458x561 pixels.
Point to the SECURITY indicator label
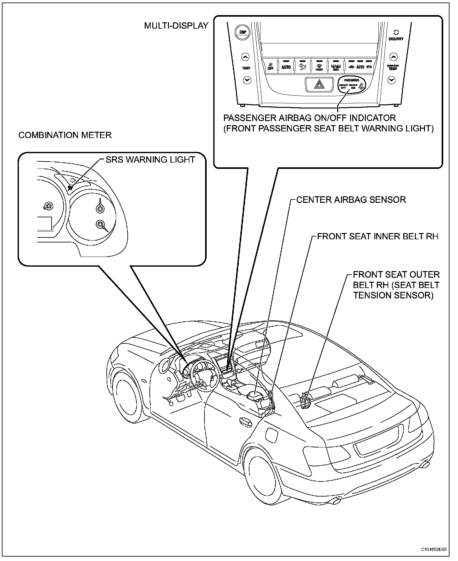(x=396, y=39)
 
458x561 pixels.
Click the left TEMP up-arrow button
(x=246, y=57)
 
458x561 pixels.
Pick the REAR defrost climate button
(x=336, y=67)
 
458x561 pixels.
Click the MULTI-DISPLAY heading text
(x=176, y=26)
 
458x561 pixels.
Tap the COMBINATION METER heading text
(x=65, y=135)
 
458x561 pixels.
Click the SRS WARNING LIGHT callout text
(x=150, y=160)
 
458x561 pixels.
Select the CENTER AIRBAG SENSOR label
(x=351, y=200)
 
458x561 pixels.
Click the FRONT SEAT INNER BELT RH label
(x=377, y=236)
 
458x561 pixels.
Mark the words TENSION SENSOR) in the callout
(x=393, y=296)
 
